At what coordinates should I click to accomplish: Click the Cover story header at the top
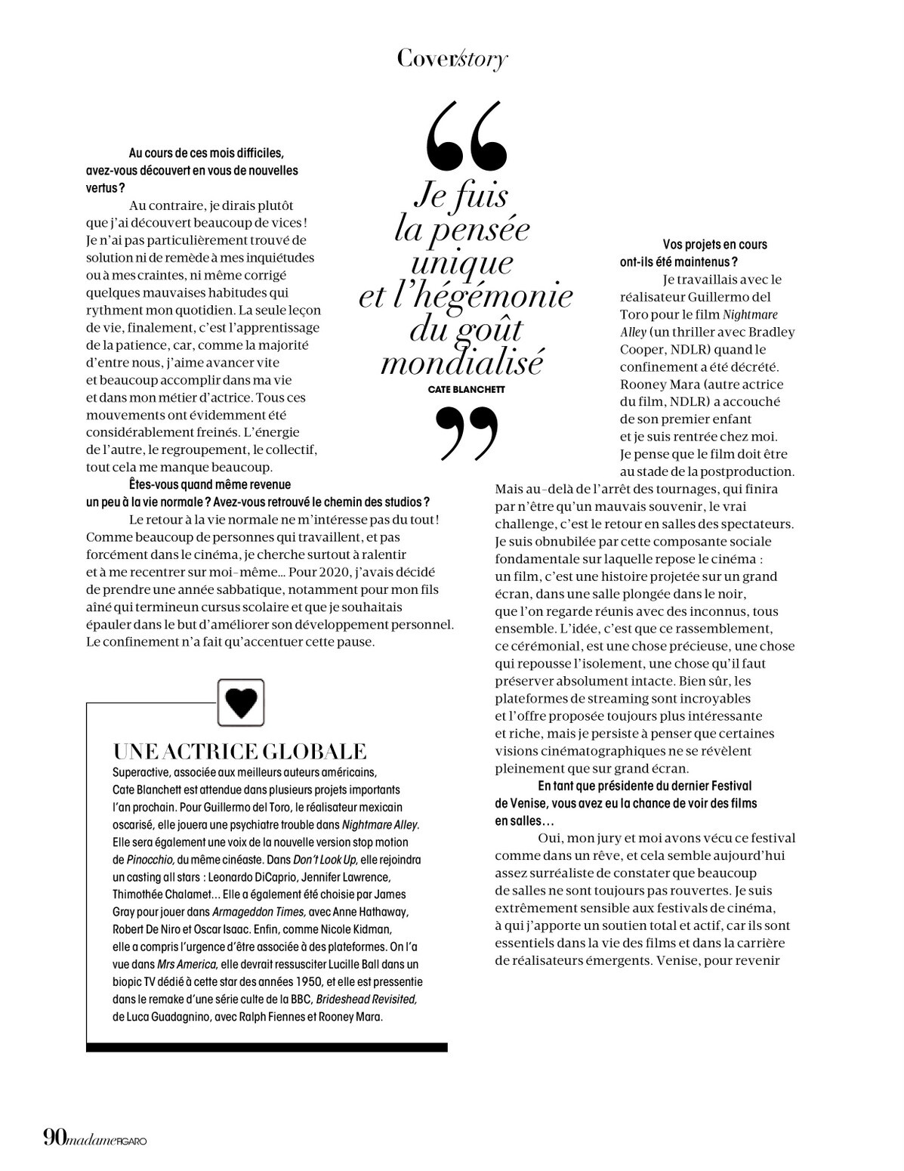click(x=452, y=60)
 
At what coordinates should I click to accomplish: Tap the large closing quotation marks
click(x=468, y=432)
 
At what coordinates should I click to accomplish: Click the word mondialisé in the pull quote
click(x=461, y=363)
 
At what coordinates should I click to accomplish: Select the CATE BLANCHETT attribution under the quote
click(x=466, y=389)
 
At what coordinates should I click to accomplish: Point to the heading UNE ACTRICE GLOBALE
click(x=239, y=751)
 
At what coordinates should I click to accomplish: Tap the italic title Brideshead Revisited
click(x=366, y=999)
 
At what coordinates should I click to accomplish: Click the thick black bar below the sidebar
click(x=267, y=1047)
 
